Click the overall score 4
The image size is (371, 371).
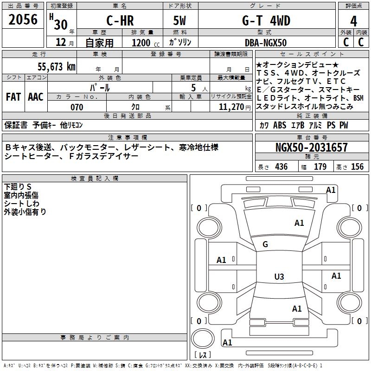click(x=354, y=21)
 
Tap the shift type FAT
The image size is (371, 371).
click(x=13, y=96)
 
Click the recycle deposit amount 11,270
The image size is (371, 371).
click(x=230, y=107)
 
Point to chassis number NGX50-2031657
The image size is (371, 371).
click(x=311, y=148)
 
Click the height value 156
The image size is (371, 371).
click(x=357, y=166)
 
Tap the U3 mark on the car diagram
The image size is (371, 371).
click(x=279, y=277)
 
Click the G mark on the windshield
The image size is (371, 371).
click(x=265, y=244)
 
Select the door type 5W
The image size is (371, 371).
click(x=180, y=20)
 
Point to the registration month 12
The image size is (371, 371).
click(x=60, y=43)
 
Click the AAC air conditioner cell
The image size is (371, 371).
click(x=36, y=96)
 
